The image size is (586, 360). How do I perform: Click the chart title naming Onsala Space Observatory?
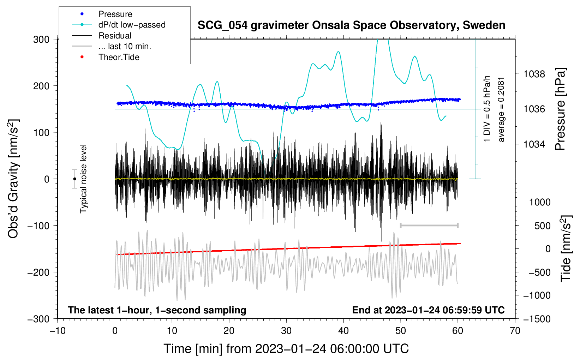(351, 25)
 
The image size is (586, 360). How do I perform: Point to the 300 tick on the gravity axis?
(41, 39)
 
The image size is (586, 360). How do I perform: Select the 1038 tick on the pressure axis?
(534, 74)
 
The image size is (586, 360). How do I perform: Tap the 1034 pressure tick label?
(534, 144)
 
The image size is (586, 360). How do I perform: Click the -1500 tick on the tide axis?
(537, 319)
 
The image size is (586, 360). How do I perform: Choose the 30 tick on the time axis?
(286, 331)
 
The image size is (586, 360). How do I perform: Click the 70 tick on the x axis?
(515, 331)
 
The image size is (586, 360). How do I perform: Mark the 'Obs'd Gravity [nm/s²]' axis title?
(13, 179)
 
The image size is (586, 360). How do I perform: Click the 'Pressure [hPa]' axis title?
(560, 109)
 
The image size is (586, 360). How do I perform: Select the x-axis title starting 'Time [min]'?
(286, 349)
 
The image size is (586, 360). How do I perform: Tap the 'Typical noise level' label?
(83, 179)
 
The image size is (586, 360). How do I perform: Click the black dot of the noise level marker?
(74, 179)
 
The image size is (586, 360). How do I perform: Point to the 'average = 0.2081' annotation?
(501, 109)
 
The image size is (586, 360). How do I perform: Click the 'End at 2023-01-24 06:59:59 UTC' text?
(428, 310)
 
